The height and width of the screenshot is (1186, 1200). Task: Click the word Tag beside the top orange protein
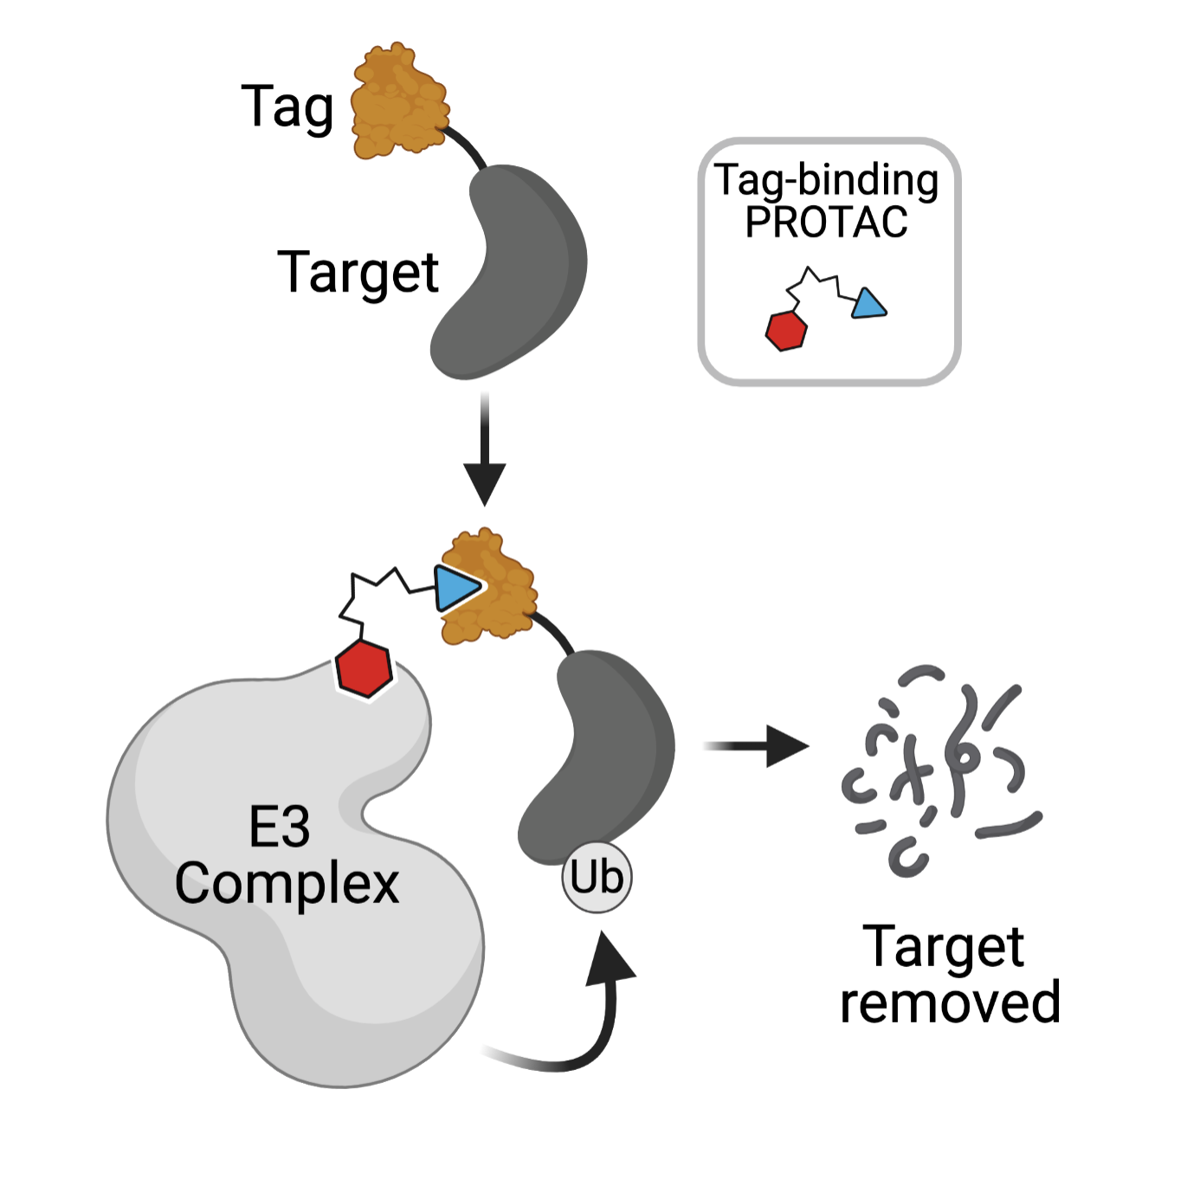pyautogui.click(x=287, y=107)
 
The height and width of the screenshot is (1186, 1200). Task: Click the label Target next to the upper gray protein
pyautogui.click(x=358, y=272)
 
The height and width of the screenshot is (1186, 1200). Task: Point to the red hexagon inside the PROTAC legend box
pyautogui.click(x=786, y=330)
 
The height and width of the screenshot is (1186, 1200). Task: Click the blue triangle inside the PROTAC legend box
pyautogui.click(x=868, y=306)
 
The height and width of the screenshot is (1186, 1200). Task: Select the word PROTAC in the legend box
pyautogui.click(x=826, y=222)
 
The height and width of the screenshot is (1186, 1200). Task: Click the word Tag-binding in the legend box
pyautogui.click(x=826, y=181)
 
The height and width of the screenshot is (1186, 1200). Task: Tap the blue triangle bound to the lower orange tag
pyautogui.click(x=455, y=588)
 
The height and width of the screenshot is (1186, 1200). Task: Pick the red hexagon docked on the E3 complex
pyautogui.click(x=365, y=668)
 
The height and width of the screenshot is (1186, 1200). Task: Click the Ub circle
pyautogui.click(x=597, y=878)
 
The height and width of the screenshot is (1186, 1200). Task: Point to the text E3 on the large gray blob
pyautogui.click(x=279, y=827)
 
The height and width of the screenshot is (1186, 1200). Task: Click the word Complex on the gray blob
pyautogui.click(x=287, y=884)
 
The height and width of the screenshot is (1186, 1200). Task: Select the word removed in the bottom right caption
pyautogui.click(x=950, y=1002)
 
